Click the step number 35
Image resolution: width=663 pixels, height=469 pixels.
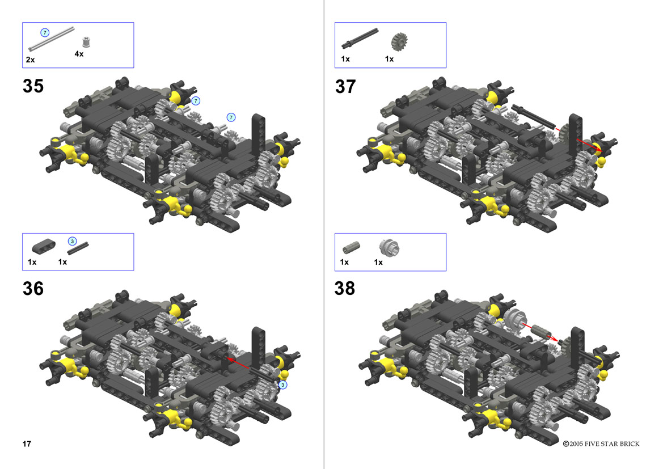click(x=33, y=86)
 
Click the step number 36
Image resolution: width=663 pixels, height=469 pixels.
click(x=33, y=289)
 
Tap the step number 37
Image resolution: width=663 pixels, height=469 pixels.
click(x=345, y=87)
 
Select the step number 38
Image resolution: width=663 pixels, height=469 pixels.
click(x=345, y=289)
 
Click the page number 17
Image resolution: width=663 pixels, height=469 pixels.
click(x=27, y=443)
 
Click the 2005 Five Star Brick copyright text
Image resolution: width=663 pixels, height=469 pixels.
click(x=601, y=443)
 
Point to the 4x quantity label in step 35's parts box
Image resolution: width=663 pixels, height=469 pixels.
click(x=79, y=54)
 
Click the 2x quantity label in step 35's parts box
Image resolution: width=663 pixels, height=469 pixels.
click(x=30, y=60)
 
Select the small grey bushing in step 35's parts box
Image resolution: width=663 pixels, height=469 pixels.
click(x=86, y=42)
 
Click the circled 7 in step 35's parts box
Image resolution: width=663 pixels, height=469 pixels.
click(x=45, y=32)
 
